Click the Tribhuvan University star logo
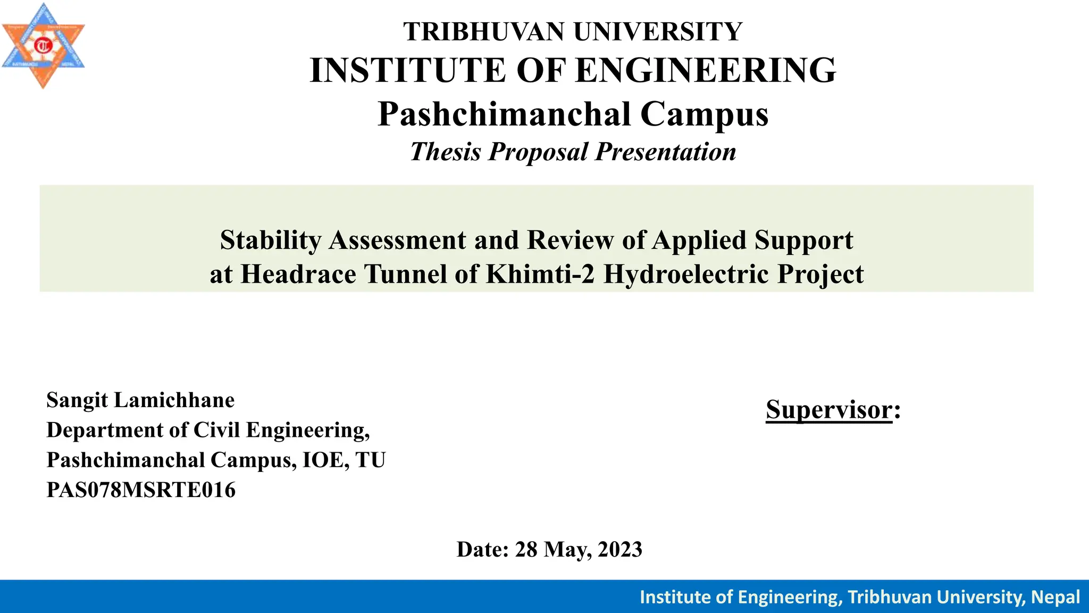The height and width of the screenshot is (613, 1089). [x=43, y=46]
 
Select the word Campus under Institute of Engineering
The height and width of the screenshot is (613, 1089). [x=704, y=114]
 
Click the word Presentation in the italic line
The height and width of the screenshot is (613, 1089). [x=666, y=152]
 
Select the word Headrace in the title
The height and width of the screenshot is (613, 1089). [x=298, y=274]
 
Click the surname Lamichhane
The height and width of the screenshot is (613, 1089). [x=174, y=400]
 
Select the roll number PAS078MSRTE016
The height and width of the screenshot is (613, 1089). [x=141, y=490]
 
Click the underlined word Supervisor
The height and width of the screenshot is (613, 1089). [x=828, y=410]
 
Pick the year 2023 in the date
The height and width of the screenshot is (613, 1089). [x=620, y=550]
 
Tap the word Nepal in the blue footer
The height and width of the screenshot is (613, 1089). [x=1055, y=597]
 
